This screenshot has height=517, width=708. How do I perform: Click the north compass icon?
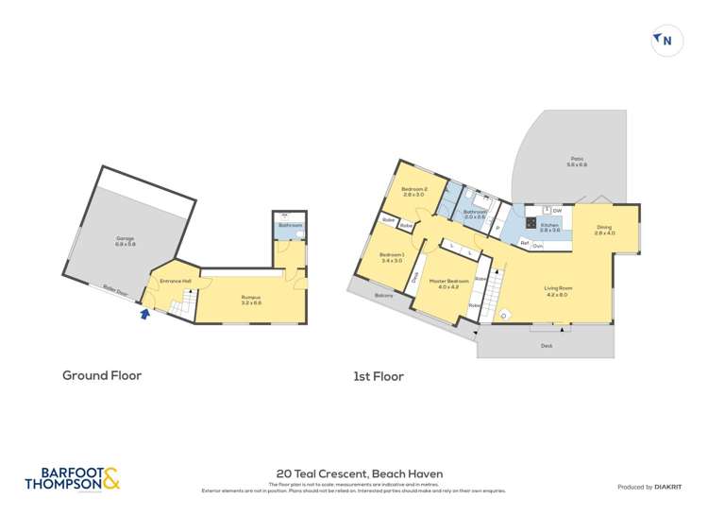pos(667,41)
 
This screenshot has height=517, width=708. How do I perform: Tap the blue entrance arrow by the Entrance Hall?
pos(144,315)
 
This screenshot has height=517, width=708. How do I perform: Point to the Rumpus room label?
pos(251,299)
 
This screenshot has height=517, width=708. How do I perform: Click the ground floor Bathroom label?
pos(290,225)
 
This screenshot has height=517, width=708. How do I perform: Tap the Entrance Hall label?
pos(176,281)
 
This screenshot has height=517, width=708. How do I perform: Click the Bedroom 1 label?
pos(392,257)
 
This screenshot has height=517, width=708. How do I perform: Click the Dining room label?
pos(604,229)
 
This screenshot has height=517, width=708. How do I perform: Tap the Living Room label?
pos(557,290)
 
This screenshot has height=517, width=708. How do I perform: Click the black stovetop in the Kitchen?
pos(531,224)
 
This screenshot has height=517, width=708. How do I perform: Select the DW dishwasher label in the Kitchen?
pos(558,210)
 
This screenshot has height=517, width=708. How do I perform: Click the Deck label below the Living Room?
pos(546,347)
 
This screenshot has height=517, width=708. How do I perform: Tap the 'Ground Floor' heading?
pos(102,375)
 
